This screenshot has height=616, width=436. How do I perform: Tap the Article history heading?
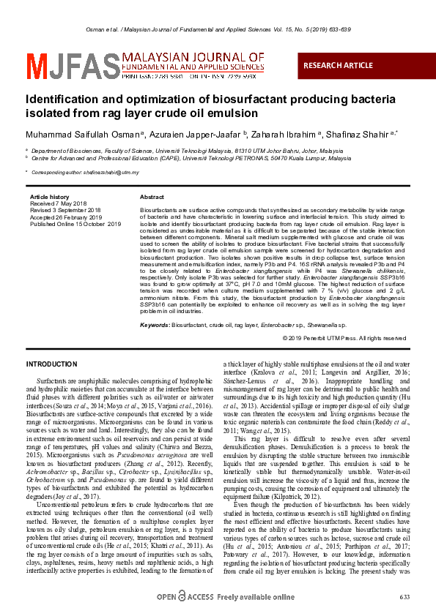[x=48, y=198]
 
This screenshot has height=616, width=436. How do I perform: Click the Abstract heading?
[x=152, y=198]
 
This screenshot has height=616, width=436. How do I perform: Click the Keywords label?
[x=155, y=324]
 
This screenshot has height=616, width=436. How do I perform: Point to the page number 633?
[x=404, y=598]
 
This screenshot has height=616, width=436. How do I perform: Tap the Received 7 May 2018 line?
[x=58, y=203]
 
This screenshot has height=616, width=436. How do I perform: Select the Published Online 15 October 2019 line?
[x=75, y=224]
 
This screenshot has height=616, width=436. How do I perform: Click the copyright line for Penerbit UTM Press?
[x=344, y=338]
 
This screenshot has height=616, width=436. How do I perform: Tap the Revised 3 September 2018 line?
[x=65, y=210]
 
